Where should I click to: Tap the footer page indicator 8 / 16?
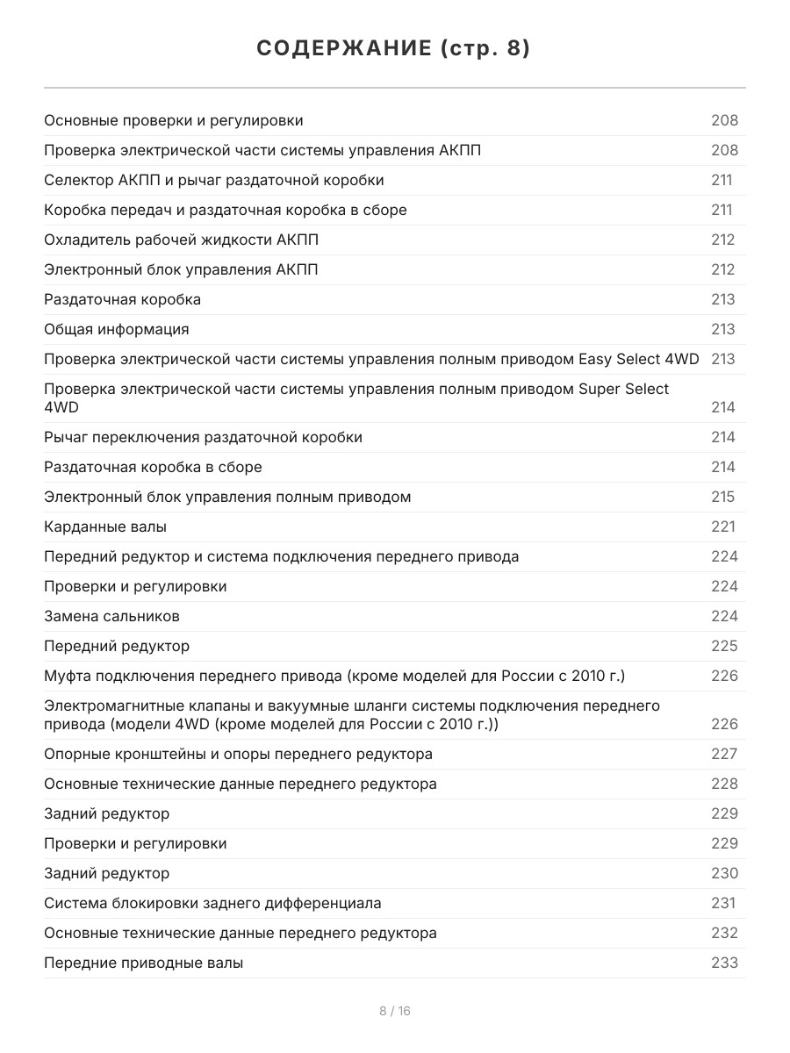[395, 1011]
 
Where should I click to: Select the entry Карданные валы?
[105, 526]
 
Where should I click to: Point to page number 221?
[723, 526]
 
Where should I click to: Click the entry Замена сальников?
[112, 616]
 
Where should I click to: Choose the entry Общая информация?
[117, 329]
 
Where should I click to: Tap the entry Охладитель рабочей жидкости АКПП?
[182, 240]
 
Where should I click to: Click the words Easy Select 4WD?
[639, 359]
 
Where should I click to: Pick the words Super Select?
[623, 389]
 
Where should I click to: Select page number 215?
[722, 497]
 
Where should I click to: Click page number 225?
[724, 646]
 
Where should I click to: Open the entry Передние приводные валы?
[144, 963]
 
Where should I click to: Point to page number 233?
[724, 963]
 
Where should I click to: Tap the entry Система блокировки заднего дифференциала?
[212, 903]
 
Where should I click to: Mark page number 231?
[723, 903]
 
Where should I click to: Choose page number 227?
[724, 754]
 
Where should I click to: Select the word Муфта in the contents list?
[68, 676]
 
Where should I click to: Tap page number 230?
[724, 873]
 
